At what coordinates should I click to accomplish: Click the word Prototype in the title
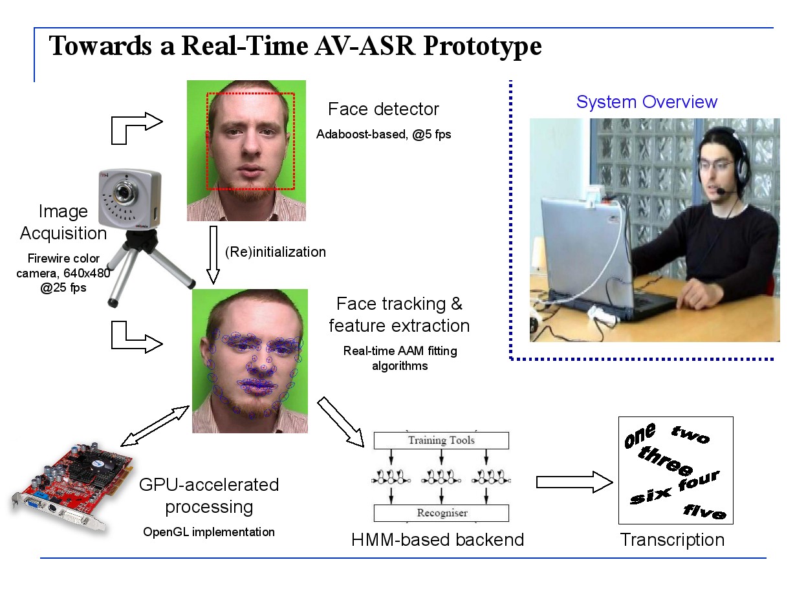coord(482,47)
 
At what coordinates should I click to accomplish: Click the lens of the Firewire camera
coord(124,192)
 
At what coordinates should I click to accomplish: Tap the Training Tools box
coord(441,440)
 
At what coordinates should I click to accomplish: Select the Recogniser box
coord(441,513)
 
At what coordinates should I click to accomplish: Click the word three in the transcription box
coord(664,460)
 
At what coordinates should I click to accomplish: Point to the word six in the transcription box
coord(650,496)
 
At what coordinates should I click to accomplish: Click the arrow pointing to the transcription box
coord(574,482)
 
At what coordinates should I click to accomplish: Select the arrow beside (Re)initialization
coord(213,255)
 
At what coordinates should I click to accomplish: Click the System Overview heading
coord(647,102)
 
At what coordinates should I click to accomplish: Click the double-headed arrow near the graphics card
coord(155,426)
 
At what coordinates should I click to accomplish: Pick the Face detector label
coord(384,109)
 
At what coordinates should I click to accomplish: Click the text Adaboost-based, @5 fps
coord(384,135)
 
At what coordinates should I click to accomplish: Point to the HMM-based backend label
coord(437,540)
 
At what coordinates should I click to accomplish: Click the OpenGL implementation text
coord(208,532)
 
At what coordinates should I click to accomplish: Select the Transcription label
coord(672,540)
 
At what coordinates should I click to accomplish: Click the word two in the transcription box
coord(690,435)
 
